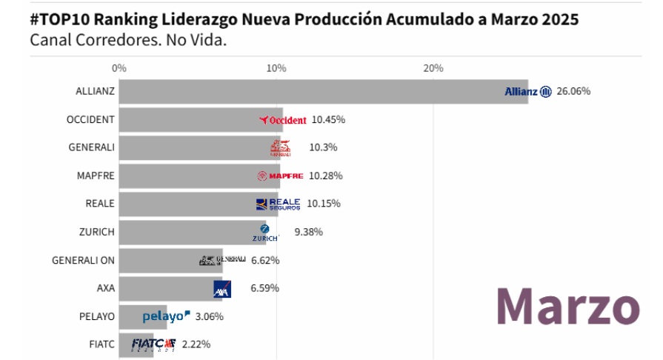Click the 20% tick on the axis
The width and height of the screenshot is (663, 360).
[x=433, y=68]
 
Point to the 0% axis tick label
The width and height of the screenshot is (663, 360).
[x=119, y=68]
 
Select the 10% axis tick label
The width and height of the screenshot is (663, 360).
[x=276, y=68]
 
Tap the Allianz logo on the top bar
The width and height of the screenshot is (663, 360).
[x=527, y=92]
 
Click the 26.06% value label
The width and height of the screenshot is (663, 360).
[x=574, y=92]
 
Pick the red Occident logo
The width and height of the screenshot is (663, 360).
[x=283, y=120]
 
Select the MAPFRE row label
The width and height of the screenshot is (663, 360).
[x=96, y=176]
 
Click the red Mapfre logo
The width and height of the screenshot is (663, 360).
[x=280, y=176]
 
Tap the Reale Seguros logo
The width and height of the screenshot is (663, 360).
[x=278, y=204]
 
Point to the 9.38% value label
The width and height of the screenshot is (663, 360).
[x=308, y=232]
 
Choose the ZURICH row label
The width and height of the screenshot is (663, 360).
[x=97, y=232]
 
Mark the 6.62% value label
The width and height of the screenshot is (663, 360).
[x=265, y=260]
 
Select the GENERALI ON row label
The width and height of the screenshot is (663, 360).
[x=83, y=260]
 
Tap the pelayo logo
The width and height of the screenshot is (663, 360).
[x=166, y=317]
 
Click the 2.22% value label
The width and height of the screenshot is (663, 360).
[x=196, y=344]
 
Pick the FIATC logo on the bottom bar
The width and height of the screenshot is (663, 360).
[x=153, y=344]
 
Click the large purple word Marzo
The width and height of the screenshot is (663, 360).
[x=567, y=305]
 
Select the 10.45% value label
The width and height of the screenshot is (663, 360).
[x=328, y=119]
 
